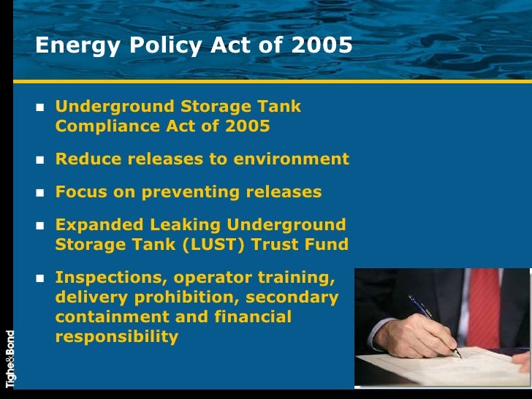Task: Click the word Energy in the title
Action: tap(66, 46)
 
